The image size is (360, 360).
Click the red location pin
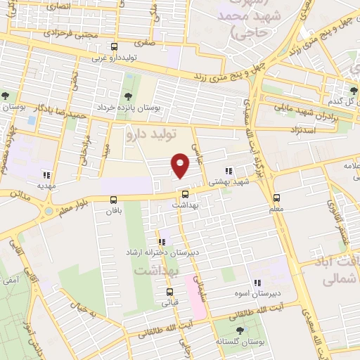(181, 166)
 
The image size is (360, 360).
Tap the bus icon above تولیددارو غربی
(115, 47)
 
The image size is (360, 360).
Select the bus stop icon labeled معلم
(276, 198)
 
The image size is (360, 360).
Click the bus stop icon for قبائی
(169, 292)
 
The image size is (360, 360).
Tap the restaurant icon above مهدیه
(46, 176)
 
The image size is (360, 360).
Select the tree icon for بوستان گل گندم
(353, 91)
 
